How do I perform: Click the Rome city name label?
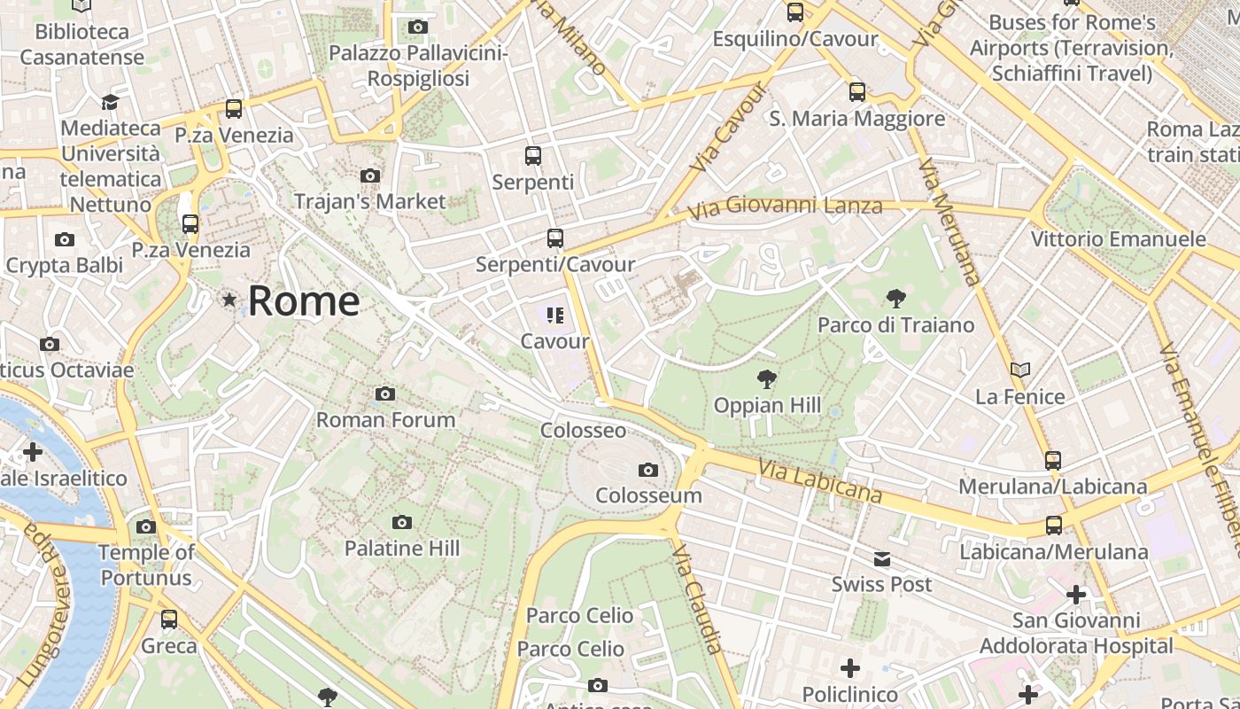click(304, 301)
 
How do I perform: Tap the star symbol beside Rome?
click(229, 300)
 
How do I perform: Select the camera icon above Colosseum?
click(648, 470)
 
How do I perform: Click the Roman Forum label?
click(386, 419)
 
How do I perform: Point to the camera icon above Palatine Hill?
click(402, 523)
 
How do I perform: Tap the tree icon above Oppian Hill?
click(767, 380)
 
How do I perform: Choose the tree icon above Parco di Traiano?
click(895, 298)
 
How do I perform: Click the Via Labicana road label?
click(820, 481)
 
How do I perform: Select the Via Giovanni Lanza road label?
click(786, 206)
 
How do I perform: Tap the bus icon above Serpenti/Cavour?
click(555, 238)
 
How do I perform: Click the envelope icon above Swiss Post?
click(882, 559)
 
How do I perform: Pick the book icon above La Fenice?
click(1020, 370)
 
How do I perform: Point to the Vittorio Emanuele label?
click(1118, 239)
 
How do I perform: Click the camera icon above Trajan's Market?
click(370, 175)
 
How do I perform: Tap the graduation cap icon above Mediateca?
click(110, 102)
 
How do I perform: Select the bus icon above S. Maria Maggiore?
click(856, 91)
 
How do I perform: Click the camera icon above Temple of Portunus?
click(146, 526)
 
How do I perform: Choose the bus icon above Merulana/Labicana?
click(1053, 461)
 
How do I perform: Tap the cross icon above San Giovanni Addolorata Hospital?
click(1076, 594)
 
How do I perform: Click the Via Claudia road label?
click(698, 600)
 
